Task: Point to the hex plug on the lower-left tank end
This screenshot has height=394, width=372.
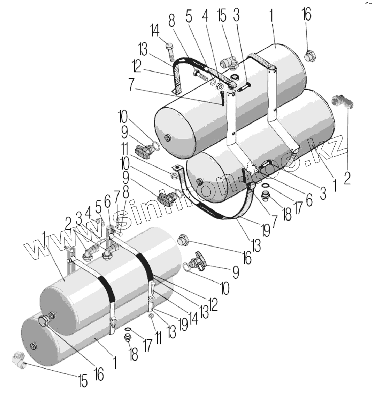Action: [44, 320]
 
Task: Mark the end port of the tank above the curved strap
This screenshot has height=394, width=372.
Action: [200, 182]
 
